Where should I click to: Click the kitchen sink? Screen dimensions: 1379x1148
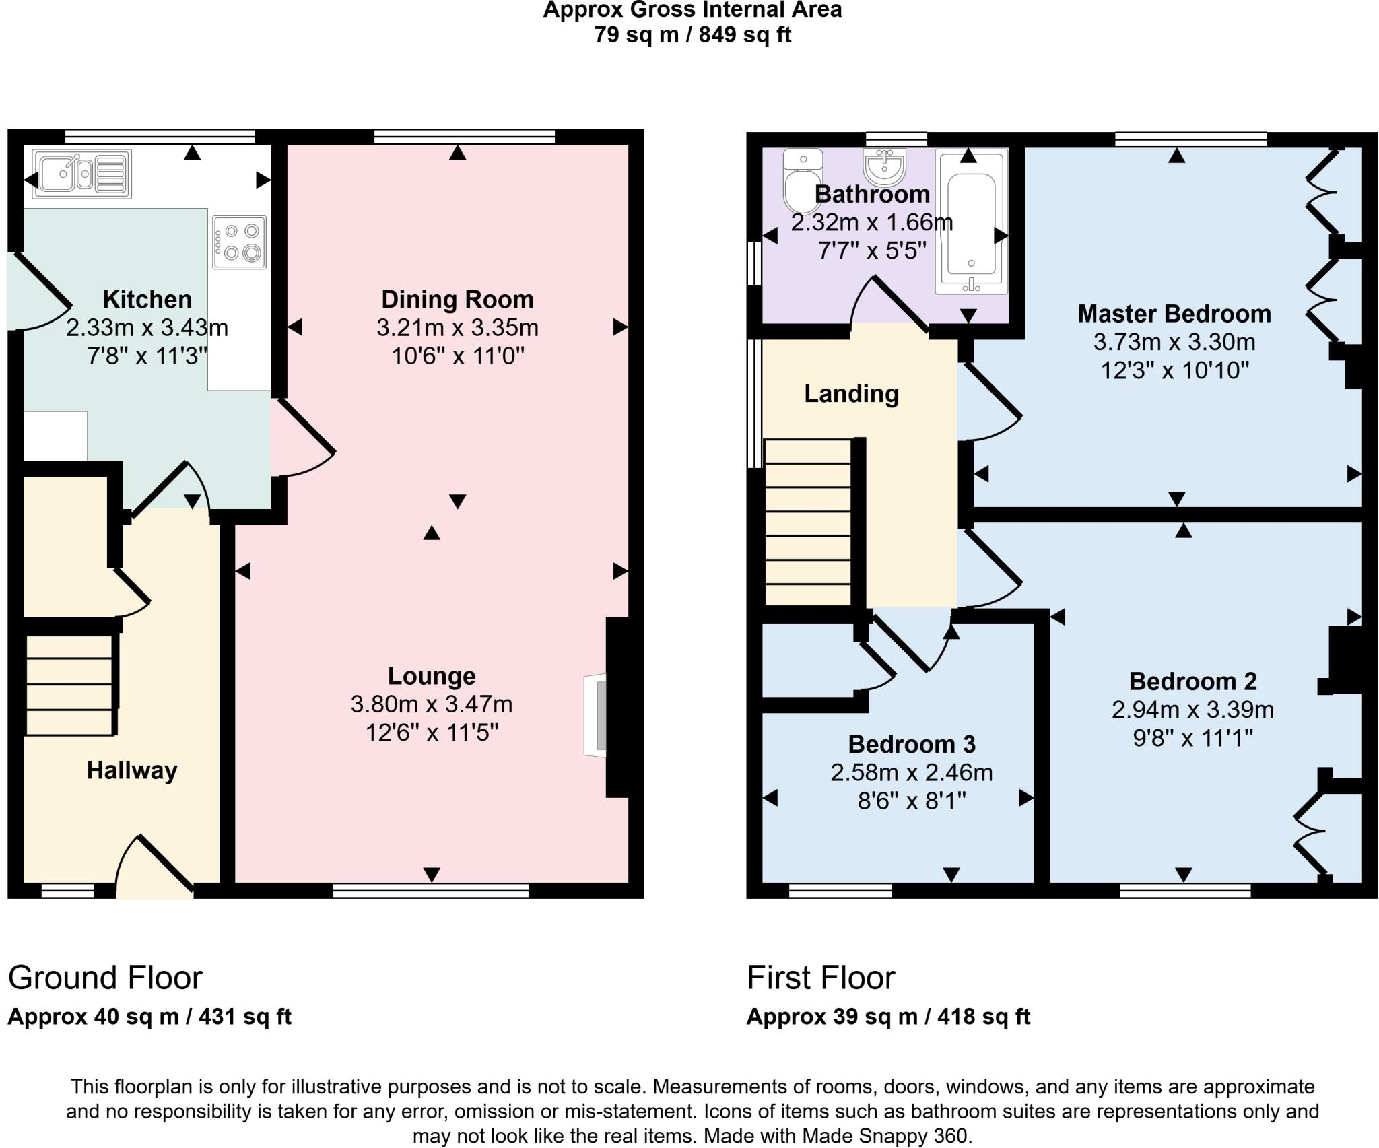82,174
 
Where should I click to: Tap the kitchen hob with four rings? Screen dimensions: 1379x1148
239,242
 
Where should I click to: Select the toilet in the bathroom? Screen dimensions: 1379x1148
802,180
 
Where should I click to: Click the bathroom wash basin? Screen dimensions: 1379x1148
885,166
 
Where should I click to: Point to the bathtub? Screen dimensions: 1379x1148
971,222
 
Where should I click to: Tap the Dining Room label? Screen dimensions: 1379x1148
458,299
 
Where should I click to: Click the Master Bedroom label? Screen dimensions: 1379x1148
1174,314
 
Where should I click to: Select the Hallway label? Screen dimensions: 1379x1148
132,770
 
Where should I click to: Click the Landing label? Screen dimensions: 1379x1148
852,394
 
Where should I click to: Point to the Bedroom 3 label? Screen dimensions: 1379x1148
912,744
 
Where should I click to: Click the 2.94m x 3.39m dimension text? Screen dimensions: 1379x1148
1192,710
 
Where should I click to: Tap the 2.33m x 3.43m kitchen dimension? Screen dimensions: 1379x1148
147,328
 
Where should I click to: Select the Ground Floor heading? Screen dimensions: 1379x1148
105,978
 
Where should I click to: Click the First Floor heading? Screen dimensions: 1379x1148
821,978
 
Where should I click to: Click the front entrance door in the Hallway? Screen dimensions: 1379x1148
156,867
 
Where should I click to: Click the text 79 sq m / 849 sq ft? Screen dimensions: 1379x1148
692,34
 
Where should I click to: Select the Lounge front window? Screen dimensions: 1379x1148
431,891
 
